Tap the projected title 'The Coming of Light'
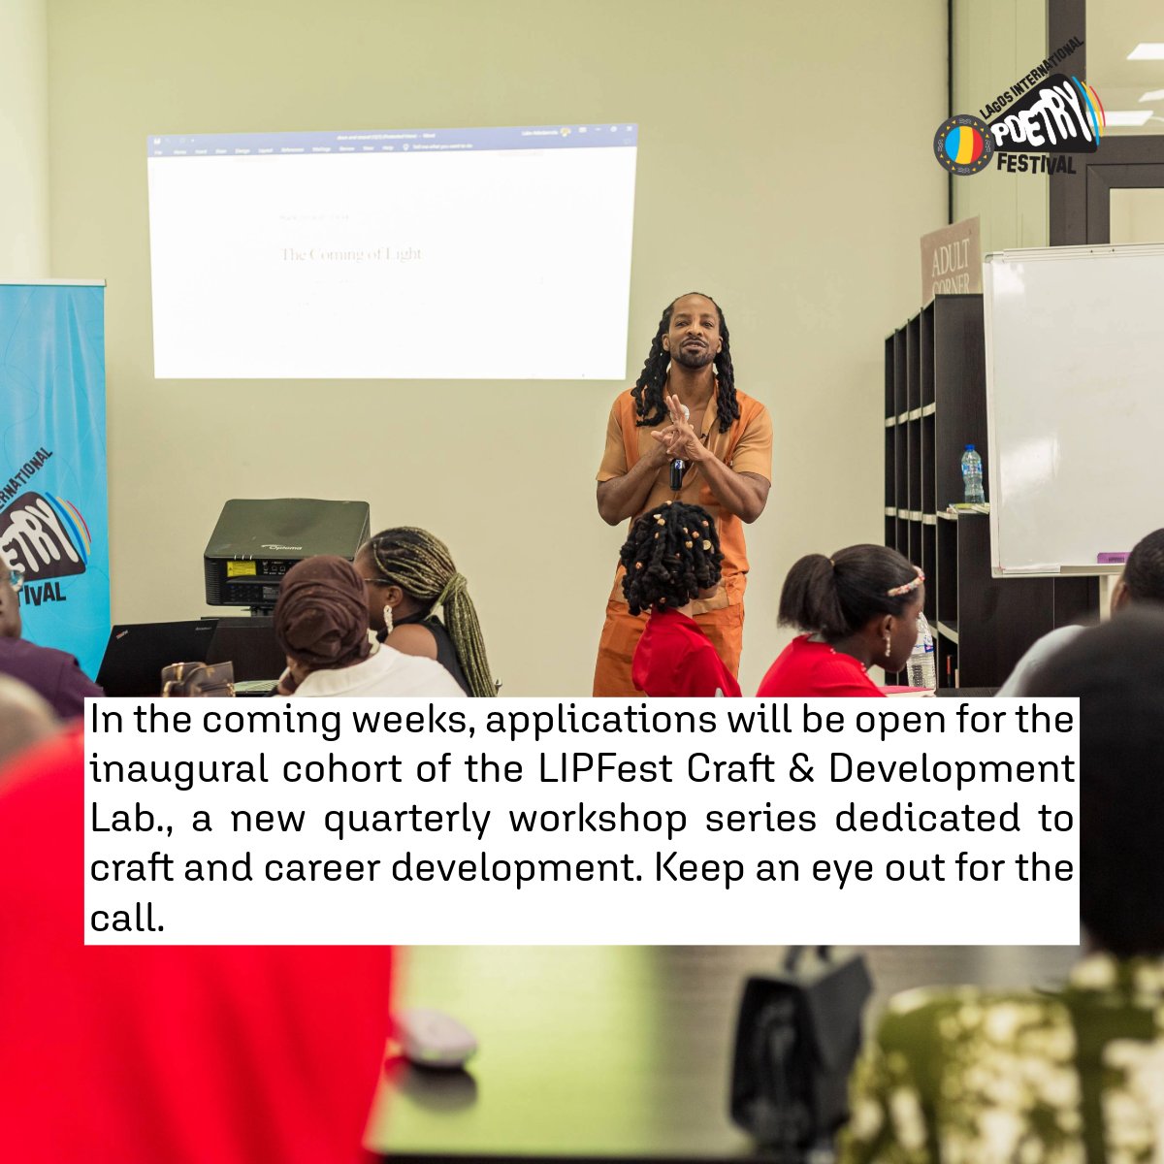tap(350, 254)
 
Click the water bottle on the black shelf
tap(971, 474)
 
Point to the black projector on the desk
tap(285, 553)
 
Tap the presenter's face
tap(693, 338)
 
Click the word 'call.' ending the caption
tap(125, 916)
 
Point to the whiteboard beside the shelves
tap(1072, 407)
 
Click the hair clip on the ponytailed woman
tap(904, 582)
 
